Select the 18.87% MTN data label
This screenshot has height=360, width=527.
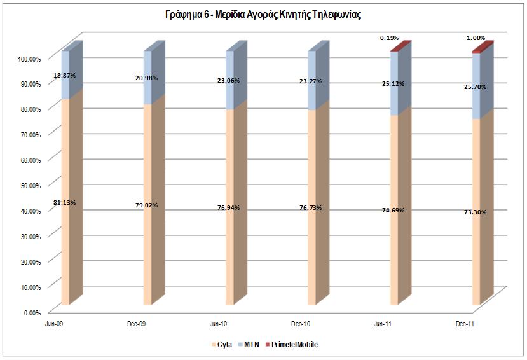point(65,74)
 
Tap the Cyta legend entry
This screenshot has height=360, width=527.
point(221,344)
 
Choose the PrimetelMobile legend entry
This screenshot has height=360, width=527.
point(293,344)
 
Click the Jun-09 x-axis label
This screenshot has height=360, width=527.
point(53,324)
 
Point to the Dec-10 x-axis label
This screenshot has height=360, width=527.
point(301,324)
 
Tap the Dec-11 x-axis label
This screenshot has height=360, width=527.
point(465,324)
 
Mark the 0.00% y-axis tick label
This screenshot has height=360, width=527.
point(32,312)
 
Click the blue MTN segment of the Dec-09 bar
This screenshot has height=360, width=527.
point(147,76)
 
